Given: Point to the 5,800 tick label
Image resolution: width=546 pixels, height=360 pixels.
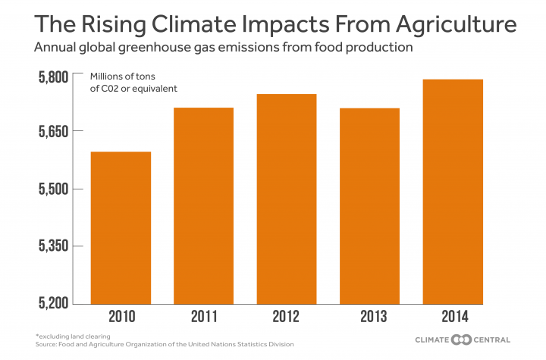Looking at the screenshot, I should coord(49,77).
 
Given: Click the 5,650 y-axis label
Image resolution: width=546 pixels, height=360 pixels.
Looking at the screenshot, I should coord(49,131).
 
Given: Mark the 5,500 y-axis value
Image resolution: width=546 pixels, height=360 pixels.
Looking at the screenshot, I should coord(49,189).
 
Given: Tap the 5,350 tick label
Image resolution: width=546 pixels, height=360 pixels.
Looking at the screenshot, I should coord(49,246).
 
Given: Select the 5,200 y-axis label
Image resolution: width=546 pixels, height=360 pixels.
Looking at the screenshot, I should coord(49,303).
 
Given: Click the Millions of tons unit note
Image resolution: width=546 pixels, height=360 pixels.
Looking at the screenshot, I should coord(124,77).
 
